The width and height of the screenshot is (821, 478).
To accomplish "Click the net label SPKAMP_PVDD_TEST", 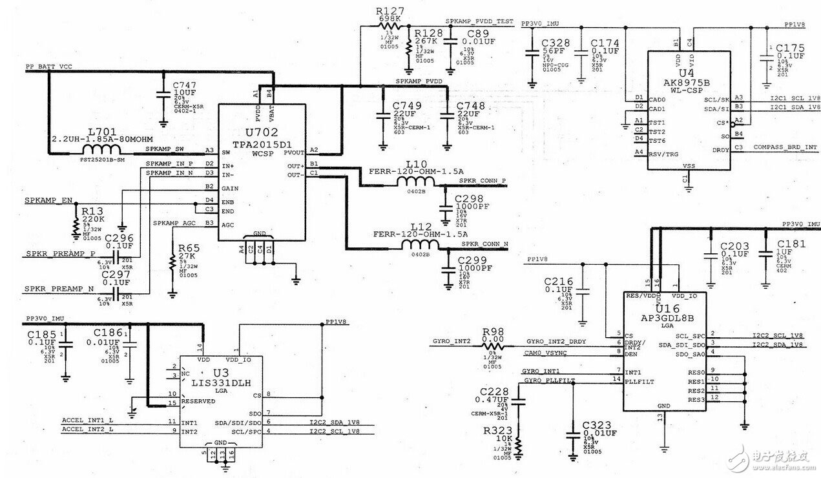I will click(480, 21).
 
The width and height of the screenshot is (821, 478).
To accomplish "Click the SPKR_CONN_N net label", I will click(484, 244).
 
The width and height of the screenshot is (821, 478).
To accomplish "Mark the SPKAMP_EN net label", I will click(48, 200).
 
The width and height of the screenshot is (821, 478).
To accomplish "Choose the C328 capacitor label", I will click(555, 43).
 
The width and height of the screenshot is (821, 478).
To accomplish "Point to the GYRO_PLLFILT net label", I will click(550, 380).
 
